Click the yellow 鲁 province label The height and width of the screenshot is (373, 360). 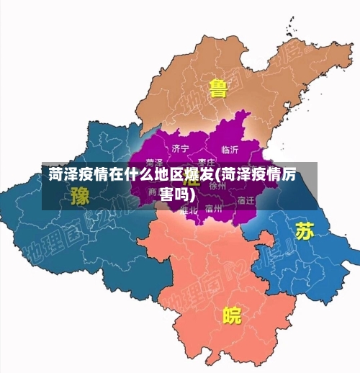pos(218,89)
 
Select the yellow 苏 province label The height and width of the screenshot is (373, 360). pos(305,230)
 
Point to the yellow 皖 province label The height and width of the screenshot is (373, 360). pos(232,315)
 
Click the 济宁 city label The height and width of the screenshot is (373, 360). pos(181,148)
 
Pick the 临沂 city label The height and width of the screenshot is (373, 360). pos(230,150)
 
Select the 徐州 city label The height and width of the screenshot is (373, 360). pos(217,185)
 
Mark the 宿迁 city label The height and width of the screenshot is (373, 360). pos(246,200)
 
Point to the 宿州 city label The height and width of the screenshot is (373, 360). pos(213,210)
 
